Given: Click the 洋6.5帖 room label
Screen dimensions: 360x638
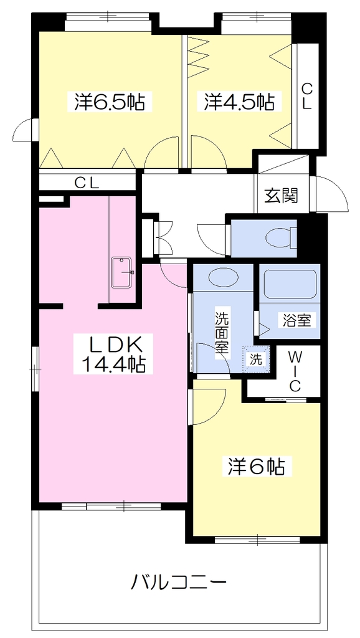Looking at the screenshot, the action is coord(109,102).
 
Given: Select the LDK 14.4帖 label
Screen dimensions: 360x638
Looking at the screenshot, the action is coord(113,354).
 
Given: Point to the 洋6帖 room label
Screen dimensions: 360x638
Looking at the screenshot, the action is coord(255,466).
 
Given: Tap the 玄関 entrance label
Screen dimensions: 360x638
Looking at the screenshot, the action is coord(282,196).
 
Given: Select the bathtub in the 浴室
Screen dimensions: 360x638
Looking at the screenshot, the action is coord(290,284).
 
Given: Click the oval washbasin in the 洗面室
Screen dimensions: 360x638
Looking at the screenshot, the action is coord(224,277).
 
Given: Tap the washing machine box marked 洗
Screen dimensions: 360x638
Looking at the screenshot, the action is coord(256,359).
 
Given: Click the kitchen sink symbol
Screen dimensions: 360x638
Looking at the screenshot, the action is coord(121,273).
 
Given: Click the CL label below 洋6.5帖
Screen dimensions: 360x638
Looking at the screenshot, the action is coord(87,183).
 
